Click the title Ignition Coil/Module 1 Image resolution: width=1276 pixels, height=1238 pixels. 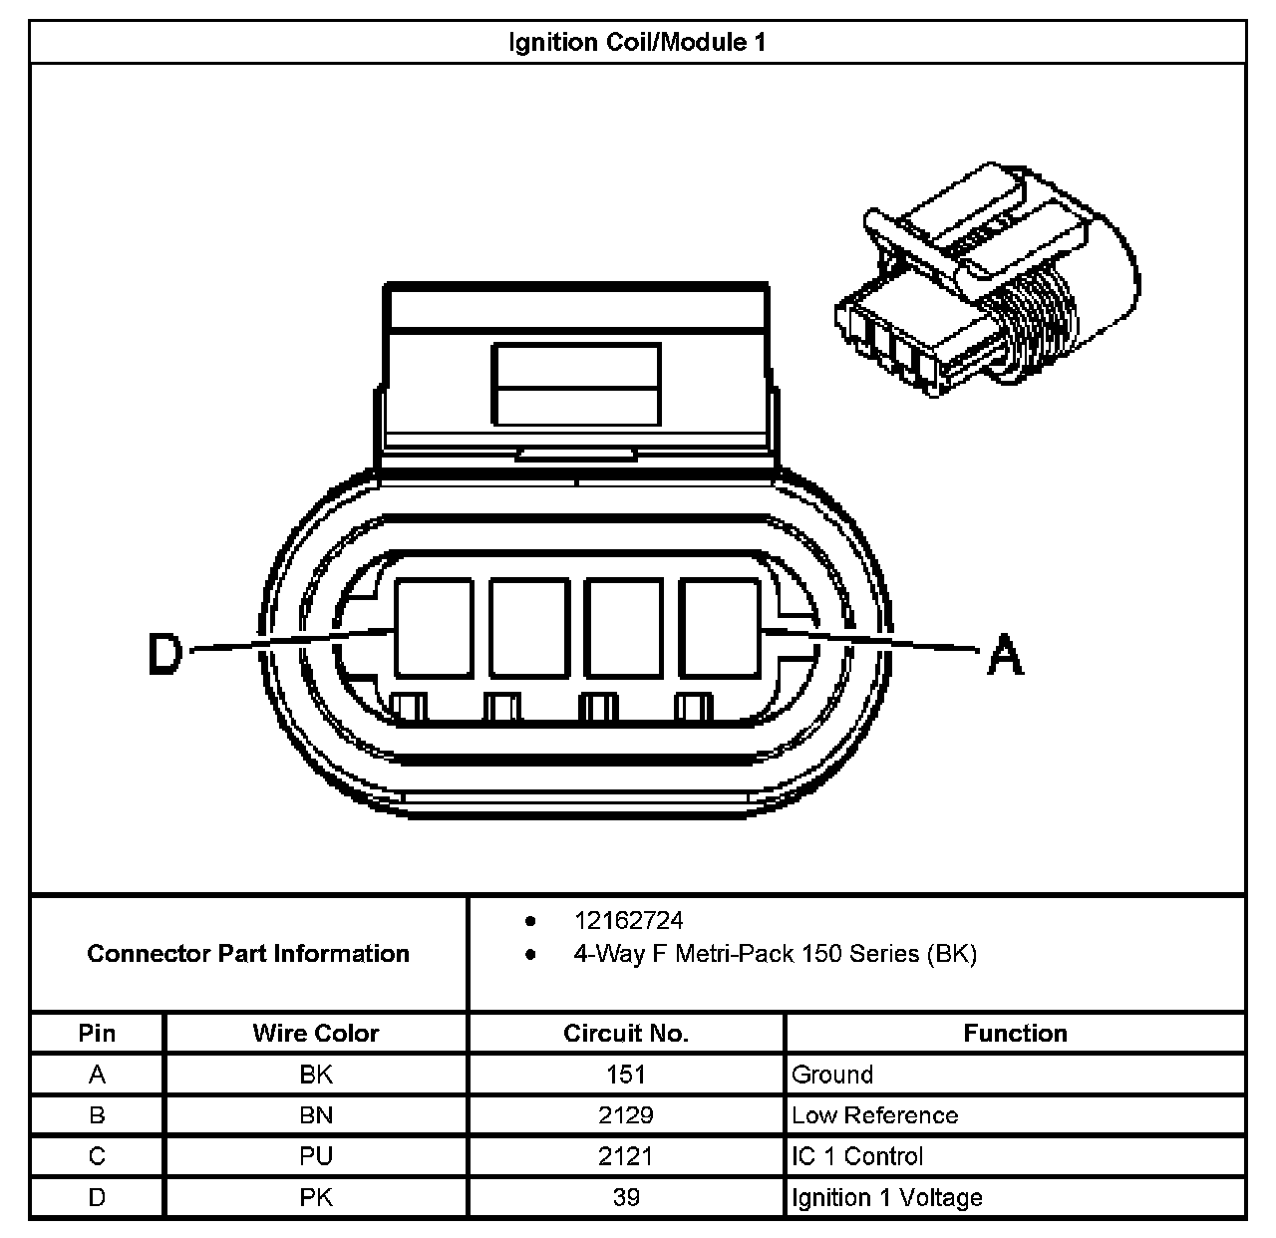[637, 43]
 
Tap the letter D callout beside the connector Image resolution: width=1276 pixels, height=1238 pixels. [165, 655]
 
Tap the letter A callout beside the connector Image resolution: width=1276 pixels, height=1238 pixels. [1005, 656]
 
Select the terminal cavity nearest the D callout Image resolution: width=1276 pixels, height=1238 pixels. [434, 628]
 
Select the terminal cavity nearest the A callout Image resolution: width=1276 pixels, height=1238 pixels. [719, 628]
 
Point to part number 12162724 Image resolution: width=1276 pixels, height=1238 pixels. [628, 920]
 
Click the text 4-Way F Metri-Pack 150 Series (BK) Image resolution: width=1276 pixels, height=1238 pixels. [775, 954]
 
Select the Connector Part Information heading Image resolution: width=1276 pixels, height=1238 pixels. [248, 954]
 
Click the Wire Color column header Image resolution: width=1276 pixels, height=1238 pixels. [315, 1034]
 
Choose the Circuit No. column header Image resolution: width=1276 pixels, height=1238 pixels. [626, 1034]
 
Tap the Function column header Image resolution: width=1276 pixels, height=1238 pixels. [1015, 1034]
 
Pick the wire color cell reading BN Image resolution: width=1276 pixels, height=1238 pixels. [315, 1115]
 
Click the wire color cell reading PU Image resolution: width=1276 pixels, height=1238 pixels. [315, 1156]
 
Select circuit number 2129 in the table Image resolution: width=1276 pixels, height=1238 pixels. [626, 1115]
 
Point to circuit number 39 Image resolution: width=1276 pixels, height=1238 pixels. [626, 1197]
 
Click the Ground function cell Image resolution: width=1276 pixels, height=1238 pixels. [832, 1075]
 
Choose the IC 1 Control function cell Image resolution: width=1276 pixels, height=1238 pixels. [857, 1156]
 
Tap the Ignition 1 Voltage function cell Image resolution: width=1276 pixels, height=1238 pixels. [886, 1197]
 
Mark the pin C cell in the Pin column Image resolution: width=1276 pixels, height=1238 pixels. [97, 1156]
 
